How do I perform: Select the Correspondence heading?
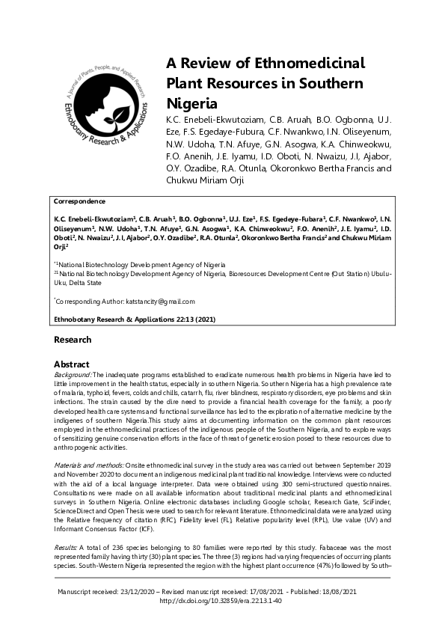[x=79, y=201]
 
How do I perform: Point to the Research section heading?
[x=73, y=340]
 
